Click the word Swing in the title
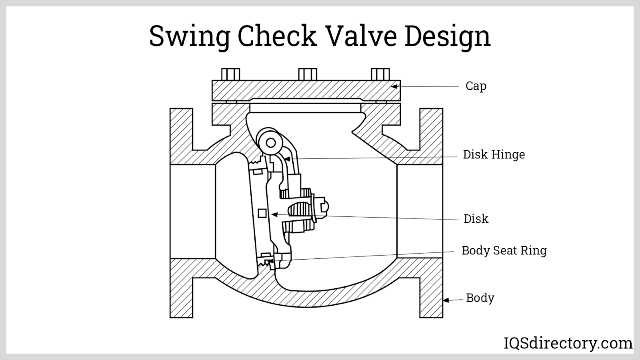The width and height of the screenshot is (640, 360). point(190,36)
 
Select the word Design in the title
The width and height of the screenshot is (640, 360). point(448,36)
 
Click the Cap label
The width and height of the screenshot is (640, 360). point(476,86)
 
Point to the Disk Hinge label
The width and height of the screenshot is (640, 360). point(494,154)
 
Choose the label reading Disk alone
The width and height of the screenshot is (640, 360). point(476,218)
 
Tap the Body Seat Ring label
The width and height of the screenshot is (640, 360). point(504,250)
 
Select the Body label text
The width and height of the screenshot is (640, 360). point(480,298)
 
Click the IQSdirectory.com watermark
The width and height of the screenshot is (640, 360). point(568,343)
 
